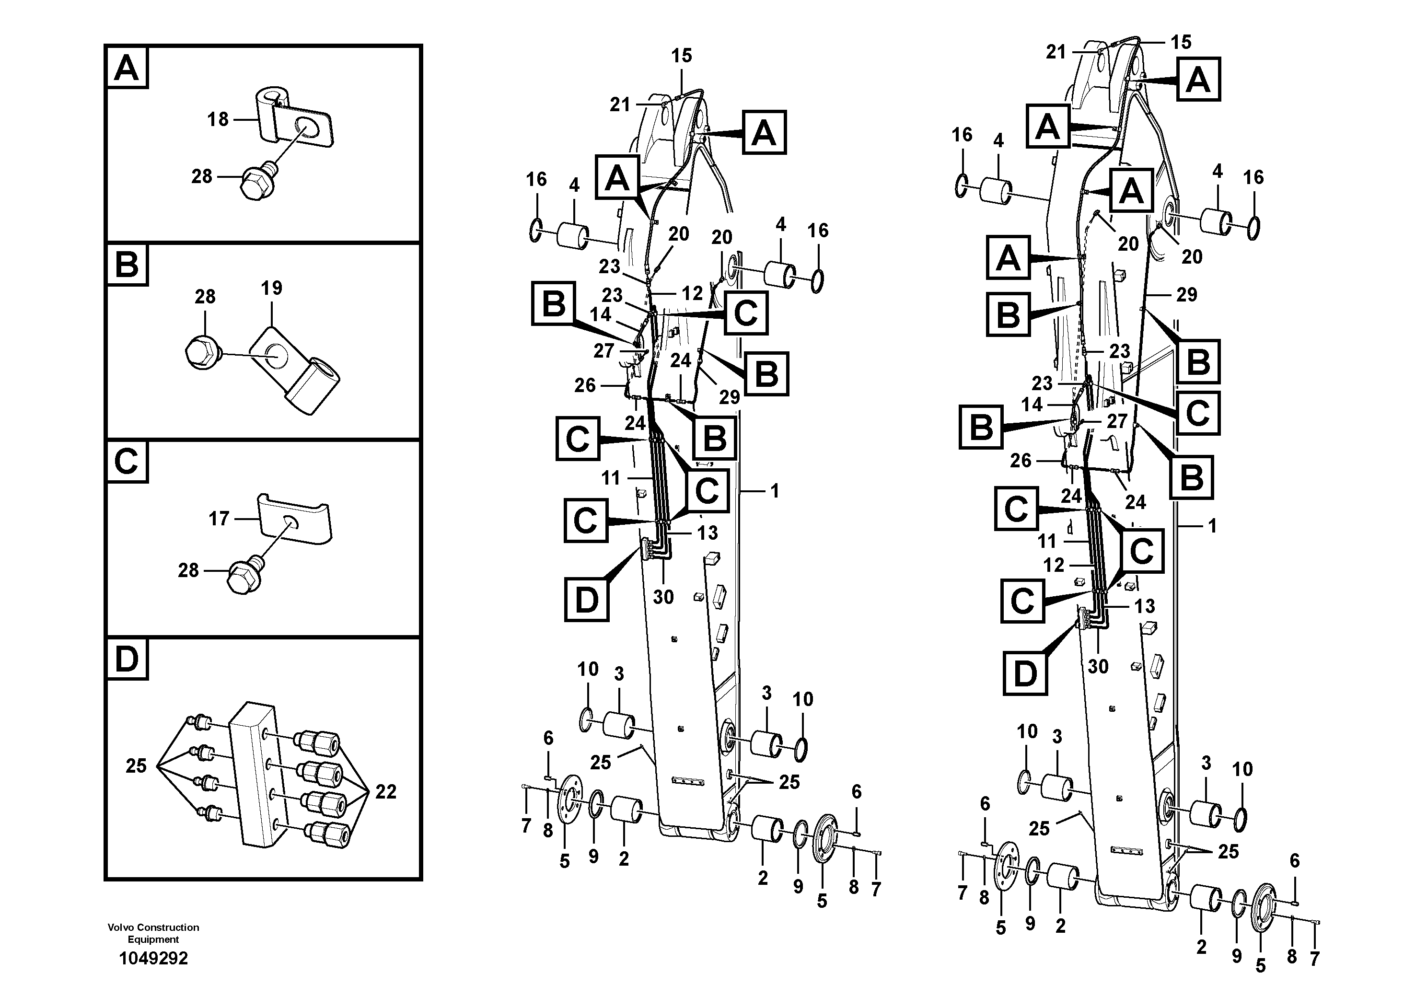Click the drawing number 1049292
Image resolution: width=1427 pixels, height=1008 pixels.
153,958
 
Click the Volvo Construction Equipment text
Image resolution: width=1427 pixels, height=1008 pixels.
153,933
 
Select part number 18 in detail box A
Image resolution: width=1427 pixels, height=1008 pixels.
218,119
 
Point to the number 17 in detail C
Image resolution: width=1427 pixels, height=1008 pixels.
218,518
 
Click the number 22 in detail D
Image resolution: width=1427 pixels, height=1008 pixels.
385,791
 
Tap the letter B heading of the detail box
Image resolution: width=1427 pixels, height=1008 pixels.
127,265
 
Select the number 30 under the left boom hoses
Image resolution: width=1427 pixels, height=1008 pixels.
663,597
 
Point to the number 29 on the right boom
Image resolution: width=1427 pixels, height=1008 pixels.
1186,295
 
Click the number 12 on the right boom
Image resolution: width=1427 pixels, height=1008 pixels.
1054,565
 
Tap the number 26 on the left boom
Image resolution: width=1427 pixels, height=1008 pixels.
585,385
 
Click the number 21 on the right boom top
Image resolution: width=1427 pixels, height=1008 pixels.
1056,52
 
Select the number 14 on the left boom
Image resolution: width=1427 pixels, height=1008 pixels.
600,314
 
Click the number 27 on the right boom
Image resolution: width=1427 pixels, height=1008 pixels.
1117,421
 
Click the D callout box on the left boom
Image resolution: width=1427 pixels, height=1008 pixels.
586,600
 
